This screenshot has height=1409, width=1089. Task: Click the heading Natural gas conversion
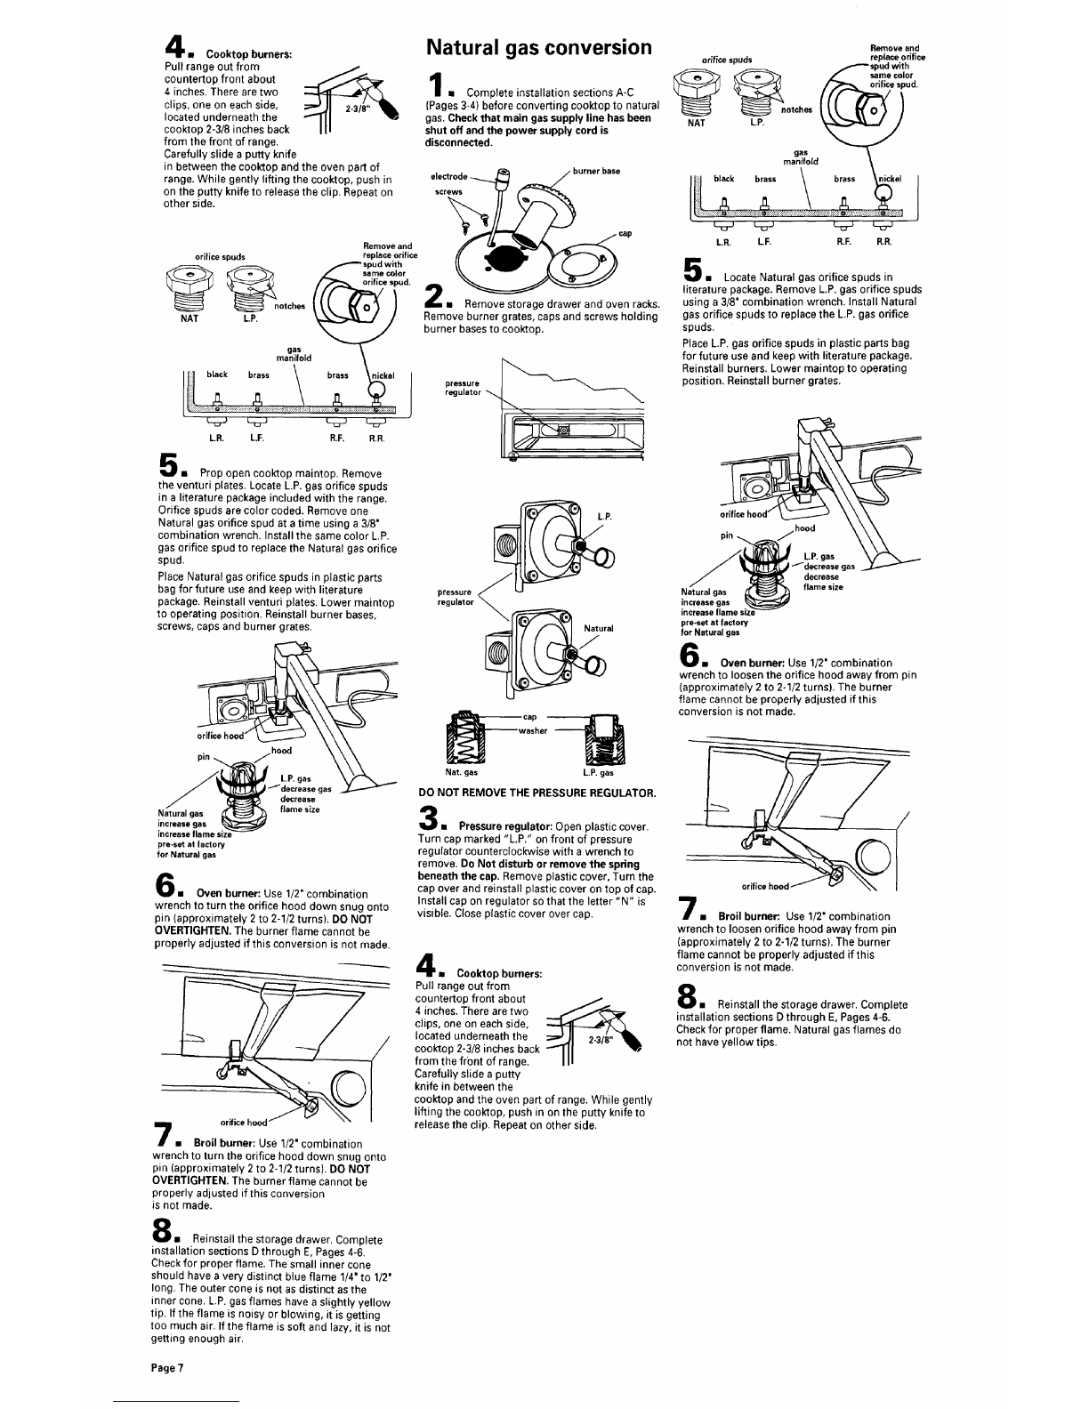(x=538, y=47)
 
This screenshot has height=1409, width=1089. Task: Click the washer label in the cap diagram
(x=533, y=732)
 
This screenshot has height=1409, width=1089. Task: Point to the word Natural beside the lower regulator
(x=599, y=628)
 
